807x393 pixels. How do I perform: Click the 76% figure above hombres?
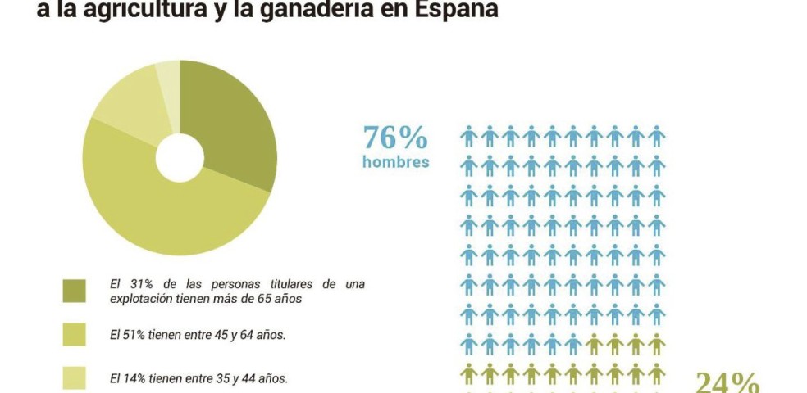click(x=395, y=137)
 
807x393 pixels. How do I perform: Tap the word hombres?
click(x=395, y=161)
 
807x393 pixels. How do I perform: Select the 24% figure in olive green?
click(x=727, y=382)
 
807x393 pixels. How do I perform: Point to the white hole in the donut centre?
click(x=180, y=157)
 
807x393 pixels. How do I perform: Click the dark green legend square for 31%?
click(x=74, y=291)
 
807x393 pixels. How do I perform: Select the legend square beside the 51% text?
click(x=74, y=334)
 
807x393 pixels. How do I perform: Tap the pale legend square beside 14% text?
click(x=74, y=377)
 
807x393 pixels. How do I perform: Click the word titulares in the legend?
click(x=276, y=284)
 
